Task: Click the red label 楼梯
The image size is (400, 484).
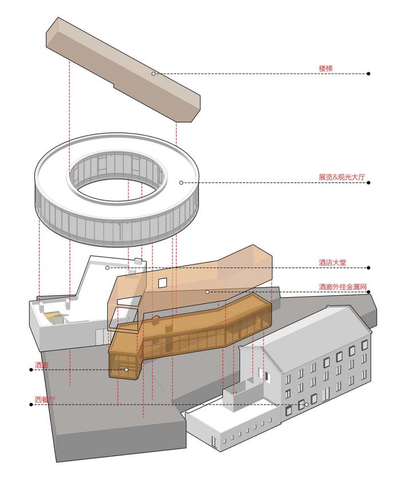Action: click(326, 68)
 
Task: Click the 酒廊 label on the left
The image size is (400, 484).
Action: click(41, 364)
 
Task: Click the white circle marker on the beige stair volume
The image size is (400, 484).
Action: click(153, 74)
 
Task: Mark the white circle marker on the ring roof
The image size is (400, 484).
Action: click(181, 183)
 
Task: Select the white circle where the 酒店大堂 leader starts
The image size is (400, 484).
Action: click(107, 267)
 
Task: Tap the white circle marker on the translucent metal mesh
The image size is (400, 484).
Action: click(208, 292)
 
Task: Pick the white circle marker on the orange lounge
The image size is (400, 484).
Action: click(127, 370)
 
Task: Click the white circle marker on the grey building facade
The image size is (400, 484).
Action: click(306, 405)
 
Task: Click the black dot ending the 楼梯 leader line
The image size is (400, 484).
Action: click(369, 74)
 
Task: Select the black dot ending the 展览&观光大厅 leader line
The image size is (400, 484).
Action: click(369, 183)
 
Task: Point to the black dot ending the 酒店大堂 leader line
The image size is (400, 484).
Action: click(369, 267)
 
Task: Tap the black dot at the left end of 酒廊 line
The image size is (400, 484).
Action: click(30, 370)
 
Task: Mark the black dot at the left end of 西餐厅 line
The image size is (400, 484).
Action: click(30, 405)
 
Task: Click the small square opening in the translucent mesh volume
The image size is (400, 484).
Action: click(163, 282)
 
